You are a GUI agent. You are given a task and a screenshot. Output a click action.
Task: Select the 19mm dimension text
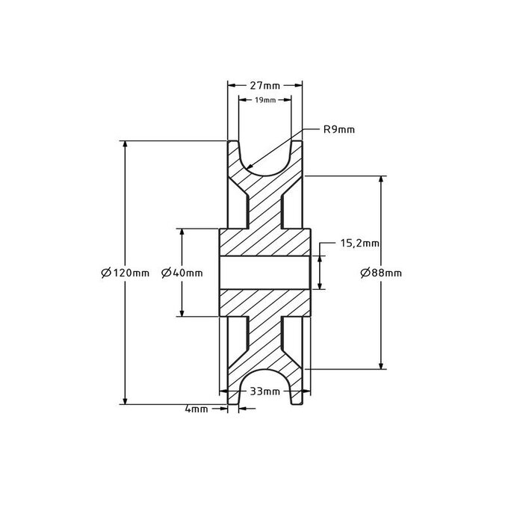pyautogui.click(x=265, y=99)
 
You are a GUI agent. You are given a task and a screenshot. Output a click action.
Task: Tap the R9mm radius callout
pyautogui.click(x=338, y=129)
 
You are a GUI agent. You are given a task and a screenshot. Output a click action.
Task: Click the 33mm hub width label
pyautogui.click(x=265, y=391)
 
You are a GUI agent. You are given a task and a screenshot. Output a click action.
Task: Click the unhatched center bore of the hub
pyautogui.click(x=265, y=273)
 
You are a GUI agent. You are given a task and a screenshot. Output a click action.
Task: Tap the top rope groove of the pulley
pyautogui.click(x=265, y=161)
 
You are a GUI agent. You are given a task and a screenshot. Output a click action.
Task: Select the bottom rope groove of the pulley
pyautogui.click(x=265, y=385)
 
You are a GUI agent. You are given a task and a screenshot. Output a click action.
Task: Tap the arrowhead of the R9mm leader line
pyautogui.click(x=250, y=169)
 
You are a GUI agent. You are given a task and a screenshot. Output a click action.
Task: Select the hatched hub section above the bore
pyautogui.click(x=265, y=243)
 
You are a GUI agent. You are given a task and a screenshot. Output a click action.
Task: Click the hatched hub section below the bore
pyautogui.click(x=265, y=303)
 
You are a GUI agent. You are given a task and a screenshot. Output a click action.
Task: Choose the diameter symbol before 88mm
pyautogui.click(x=365, y=273)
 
